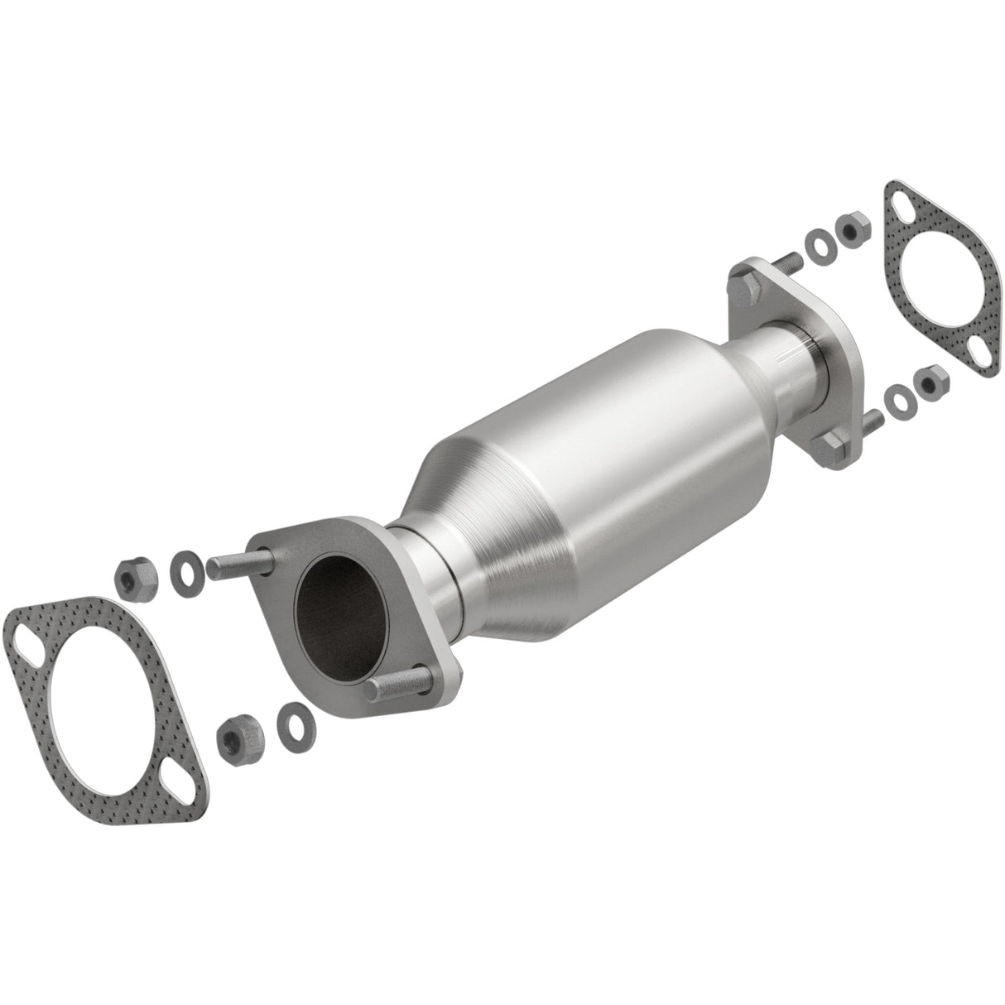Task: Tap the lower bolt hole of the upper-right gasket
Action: point(979,347)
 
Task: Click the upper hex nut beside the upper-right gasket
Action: point(852,228)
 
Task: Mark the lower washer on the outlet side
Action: point(897,400)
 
